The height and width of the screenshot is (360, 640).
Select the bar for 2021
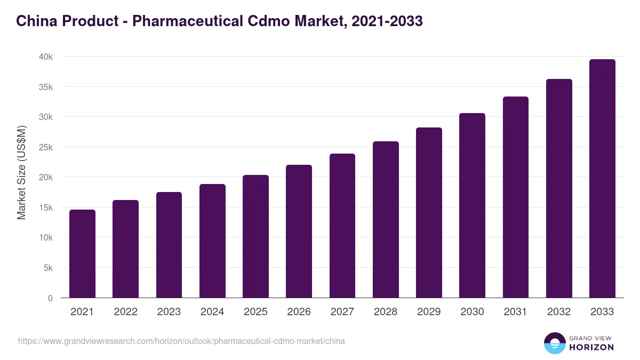(x=82, y=254)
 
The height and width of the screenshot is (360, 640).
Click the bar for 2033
(x=602, y=179)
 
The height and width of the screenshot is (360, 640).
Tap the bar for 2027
(x=342, y=226)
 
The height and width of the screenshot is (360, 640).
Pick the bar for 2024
(x=212, y=241)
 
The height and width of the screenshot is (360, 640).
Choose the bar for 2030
(x=472, y=205)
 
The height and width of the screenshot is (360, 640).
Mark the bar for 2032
(x=559, y=188)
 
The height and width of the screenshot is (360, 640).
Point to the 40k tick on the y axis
(x=45, y=57)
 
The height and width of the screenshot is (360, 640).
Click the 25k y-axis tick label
(x=45, y=147)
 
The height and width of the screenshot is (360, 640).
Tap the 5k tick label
(x=48, y=268)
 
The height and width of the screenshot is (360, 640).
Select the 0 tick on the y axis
(x=50, y=298)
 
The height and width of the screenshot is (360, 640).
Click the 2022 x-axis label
(x=125, y=312)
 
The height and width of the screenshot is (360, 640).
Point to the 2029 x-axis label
(x=429, y=312)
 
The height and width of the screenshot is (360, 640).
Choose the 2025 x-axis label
(x=255, y=312)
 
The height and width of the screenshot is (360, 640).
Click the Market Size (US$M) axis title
(x=21, y=172)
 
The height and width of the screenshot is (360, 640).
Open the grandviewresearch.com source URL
(x=181, y=341)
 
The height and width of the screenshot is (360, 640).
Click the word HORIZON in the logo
(x=591, y=347)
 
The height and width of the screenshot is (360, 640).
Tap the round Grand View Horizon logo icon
(x=555, y=343)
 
